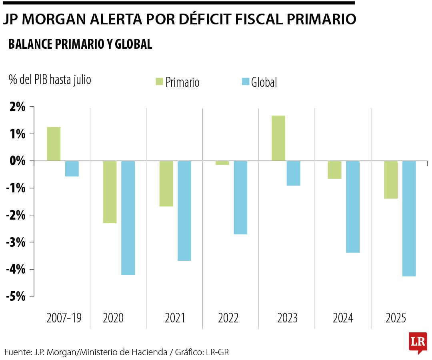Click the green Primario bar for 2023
point(278,138)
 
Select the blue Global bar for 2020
point(128,218)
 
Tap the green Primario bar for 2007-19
point(54,144)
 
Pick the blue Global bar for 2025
point(409,218)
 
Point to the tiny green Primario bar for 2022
point(222,163)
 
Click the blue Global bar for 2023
point(293,173)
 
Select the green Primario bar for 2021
point(166,184)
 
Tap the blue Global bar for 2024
point(353,207)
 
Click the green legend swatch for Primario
point(159,82)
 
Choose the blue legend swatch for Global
point(246,82)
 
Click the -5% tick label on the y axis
point(16,296)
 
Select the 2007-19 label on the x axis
point(64,318)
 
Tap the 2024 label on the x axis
point(343,318)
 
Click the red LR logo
point(418,342)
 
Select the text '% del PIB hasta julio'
point(50,80)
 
